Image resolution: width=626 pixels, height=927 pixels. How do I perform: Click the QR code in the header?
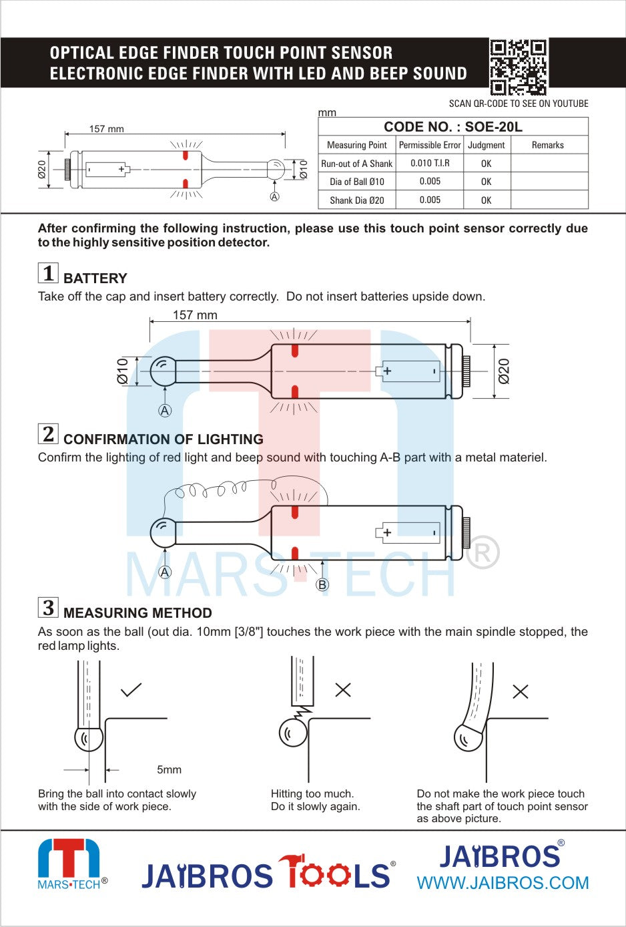tap(518, 67)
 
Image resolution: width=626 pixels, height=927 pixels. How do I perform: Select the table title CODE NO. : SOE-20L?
tap(452, 127)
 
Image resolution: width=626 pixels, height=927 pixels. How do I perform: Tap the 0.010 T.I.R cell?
tap(430, 163)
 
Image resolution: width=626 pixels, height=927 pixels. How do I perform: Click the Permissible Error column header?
tap(430, 145)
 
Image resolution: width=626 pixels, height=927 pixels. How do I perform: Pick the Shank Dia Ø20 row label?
tap(357, 200)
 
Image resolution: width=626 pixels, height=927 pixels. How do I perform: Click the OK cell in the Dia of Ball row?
tap(486, 182)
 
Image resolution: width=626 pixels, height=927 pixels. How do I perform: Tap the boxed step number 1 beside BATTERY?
tap(48, 273)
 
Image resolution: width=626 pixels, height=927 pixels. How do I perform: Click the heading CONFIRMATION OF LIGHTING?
tap(163, 439)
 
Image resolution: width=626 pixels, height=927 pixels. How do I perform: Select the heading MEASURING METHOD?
tap(137, 613)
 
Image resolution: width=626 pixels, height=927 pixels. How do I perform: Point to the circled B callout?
tap(322, 584)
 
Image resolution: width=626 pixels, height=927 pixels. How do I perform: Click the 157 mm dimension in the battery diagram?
tap(195, 315)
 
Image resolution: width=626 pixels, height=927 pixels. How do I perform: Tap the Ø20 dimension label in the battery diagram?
tap(504, 371)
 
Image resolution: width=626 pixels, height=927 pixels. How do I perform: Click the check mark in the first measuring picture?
tap(131, 689)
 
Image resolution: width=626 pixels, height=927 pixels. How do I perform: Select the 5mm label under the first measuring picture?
tap(169, 769)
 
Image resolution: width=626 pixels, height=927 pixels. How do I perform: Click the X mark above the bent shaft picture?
tap(521, 691)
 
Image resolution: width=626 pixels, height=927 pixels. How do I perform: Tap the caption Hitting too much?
tap(312, 793)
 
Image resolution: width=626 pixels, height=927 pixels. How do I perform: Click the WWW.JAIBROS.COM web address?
tap(503, 883)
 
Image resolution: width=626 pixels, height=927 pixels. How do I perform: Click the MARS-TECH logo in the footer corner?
tap(69, 864)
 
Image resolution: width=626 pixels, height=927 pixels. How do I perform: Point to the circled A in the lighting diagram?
tap(165, 572)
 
